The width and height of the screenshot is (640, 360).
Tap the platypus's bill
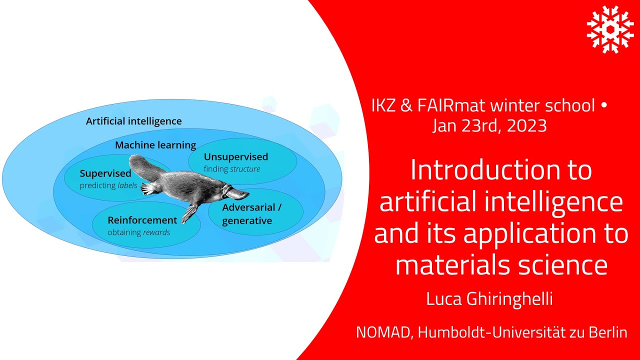click(239, 192)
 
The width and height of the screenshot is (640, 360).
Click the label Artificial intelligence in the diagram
click(133, 121)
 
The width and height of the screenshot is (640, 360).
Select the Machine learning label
click(155, 145)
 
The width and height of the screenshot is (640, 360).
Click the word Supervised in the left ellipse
click(105, 173)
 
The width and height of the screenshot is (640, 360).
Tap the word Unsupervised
click(235, 156)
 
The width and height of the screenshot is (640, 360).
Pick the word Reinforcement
click(142, 220)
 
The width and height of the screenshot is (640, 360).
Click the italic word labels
click(127, 185)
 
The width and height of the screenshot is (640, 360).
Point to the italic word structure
click(244, 169)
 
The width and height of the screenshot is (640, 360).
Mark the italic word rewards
click(157, 232)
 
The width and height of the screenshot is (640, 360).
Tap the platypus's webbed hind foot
click(148, 188)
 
